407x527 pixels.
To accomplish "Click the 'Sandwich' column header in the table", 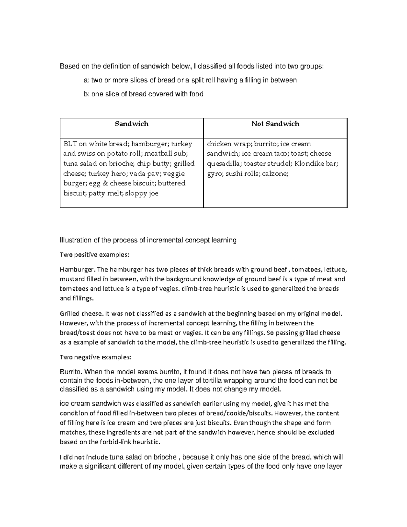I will pos(132,124).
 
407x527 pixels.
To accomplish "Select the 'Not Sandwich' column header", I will pos(275,124).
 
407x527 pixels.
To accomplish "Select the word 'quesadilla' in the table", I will pos(222,164).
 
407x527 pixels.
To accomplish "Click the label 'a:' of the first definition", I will pos(87,80).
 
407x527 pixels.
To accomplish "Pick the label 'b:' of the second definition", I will pos(87,94).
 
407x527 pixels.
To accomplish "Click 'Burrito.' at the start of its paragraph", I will pos(71,372).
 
